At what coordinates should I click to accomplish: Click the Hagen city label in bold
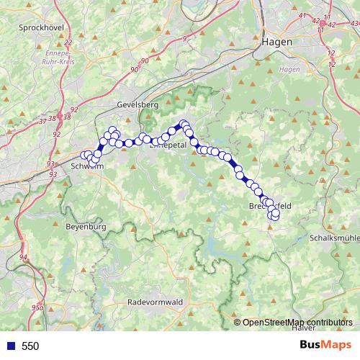pos(277,42)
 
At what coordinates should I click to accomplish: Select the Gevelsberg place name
pos(137,105)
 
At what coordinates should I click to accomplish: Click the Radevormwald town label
pos(154,302)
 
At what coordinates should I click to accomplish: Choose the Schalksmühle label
pos(333,238)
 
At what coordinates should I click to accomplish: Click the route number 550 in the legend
pos(30,346)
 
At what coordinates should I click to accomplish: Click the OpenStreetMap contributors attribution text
pos(297,323)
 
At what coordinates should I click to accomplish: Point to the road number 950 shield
pos(37,307)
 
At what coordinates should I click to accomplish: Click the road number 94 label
pos(24,257)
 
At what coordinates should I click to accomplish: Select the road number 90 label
pos(135,70)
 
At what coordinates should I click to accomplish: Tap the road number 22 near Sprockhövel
pos(68,43)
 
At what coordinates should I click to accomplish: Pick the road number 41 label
pos(301,16)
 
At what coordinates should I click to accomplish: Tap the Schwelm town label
pos(89,166)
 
